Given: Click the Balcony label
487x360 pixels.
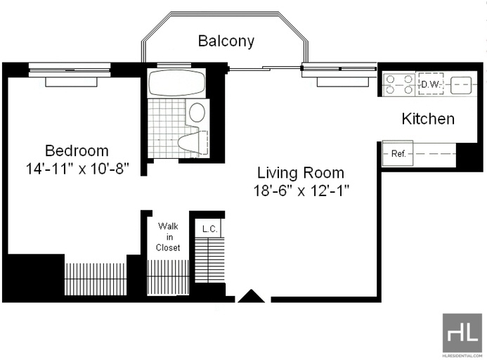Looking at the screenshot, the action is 226,41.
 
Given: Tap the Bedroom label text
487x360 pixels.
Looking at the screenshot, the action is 77,150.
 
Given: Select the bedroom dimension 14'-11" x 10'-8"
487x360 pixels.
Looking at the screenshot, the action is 77,169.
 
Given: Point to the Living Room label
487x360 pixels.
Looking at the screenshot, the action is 301,172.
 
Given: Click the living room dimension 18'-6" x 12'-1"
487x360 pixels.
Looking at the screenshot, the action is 301,191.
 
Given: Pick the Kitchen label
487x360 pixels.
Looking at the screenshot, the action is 428,119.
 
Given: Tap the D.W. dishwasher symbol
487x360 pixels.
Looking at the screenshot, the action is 431,84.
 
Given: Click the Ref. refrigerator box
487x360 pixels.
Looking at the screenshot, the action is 398,153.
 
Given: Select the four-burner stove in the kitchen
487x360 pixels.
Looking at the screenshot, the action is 399,84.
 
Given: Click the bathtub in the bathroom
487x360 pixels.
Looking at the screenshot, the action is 176,83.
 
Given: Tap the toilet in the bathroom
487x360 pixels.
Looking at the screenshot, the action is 193,143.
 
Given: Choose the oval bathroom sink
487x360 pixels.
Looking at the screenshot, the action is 197,112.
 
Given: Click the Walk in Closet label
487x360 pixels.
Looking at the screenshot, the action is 168,236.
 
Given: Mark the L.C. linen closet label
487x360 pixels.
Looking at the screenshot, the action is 209,229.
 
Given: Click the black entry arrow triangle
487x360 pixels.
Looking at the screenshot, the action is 252,297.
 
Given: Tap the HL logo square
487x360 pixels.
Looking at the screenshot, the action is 462,333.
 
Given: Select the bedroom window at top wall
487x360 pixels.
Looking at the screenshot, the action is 70,70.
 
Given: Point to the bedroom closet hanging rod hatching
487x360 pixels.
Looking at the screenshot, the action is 96,279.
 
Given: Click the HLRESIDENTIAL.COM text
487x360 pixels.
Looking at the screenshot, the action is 462,356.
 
